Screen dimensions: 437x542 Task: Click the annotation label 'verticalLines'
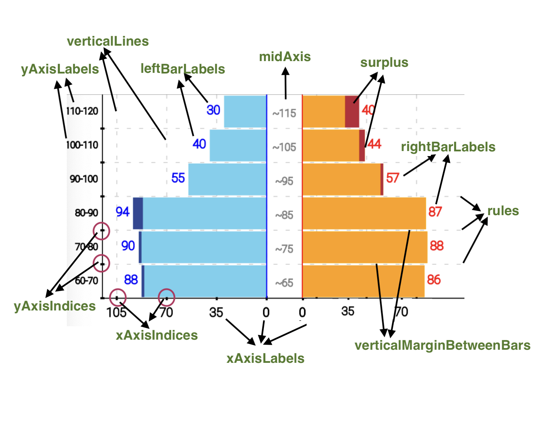click(108, 41)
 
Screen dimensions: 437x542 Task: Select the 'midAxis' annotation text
click(285, 57)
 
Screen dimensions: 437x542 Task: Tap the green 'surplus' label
click(384, 62)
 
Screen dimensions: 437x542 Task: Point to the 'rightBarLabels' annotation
click(448, 147)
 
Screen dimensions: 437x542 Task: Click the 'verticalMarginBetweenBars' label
click(442, 345)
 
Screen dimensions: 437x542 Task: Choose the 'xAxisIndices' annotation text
click(157, 335)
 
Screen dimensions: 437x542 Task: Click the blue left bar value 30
click(213, 110)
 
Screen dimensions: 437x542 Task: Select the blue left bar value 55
click(178, 178)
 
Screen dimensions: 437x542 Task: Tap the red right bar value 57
click(393, 178)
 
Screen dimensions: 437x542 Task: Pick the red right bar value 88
click(437, 246)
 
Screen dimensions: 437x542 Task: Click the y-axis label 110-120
click(82, 111)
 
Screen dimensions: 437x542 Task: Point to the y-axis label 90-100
click(84, 179)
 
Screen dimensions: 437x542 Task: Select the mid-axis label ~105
click(284, 147)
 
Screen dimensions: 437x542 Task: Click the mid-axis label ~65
click(284, 283)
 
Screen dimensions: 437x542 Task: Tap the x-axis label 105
click(116, 312)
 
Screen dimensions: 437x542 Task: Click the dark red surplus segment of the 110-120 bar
click(352, 111)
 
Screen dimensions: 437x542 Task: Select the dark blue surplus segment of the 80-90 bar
click(138, 213)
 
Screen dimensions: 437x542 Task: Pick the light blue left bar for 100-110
click(238, 146)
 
